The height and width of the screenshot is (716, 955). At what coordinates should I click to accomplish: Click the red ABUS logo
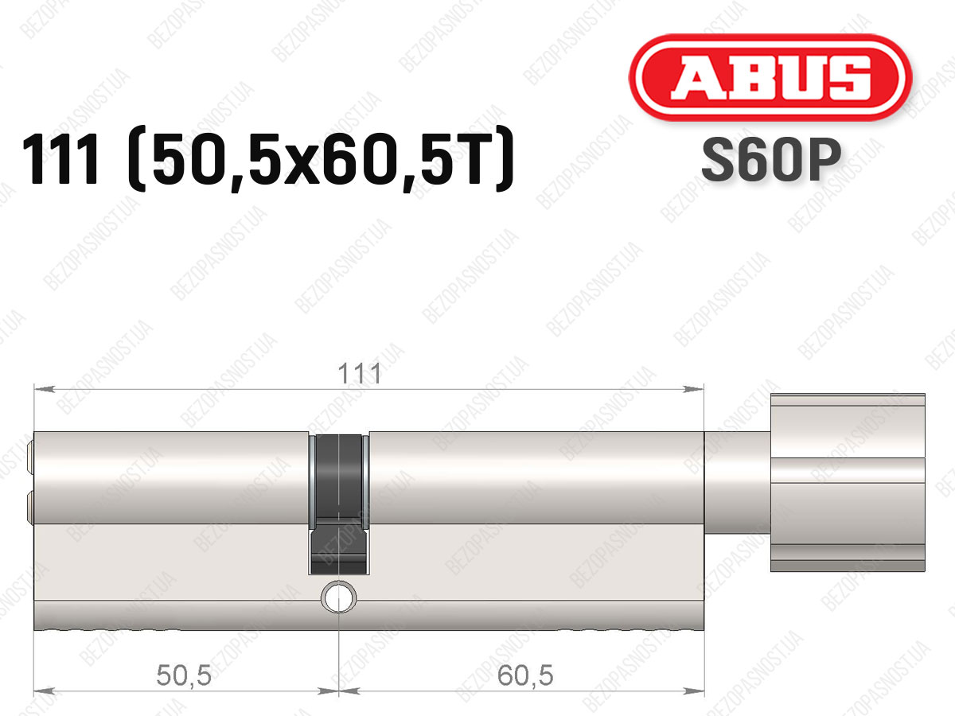(770, 77)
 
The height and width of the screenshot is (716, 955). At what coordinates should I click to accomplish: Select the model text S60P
(771, 160)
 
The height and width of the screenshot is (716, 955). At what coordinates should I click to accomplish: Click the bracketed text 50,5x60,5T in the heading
(321, 160)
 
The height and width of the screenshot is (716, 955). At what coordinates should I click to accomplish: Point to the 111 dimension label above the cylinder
(360, 373)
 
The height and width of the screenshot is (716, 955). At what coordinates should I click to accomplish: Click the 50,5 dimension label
(184, 675)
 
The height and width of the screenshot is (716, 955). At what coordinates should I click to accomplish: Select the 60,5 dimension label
(525, 675)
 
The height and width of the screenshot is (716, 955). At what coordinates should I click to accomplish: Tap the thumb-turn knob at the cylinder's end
(848, 483)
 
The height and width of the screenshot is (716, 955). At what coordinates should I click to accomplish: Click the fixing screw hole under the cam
(338, 597)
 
